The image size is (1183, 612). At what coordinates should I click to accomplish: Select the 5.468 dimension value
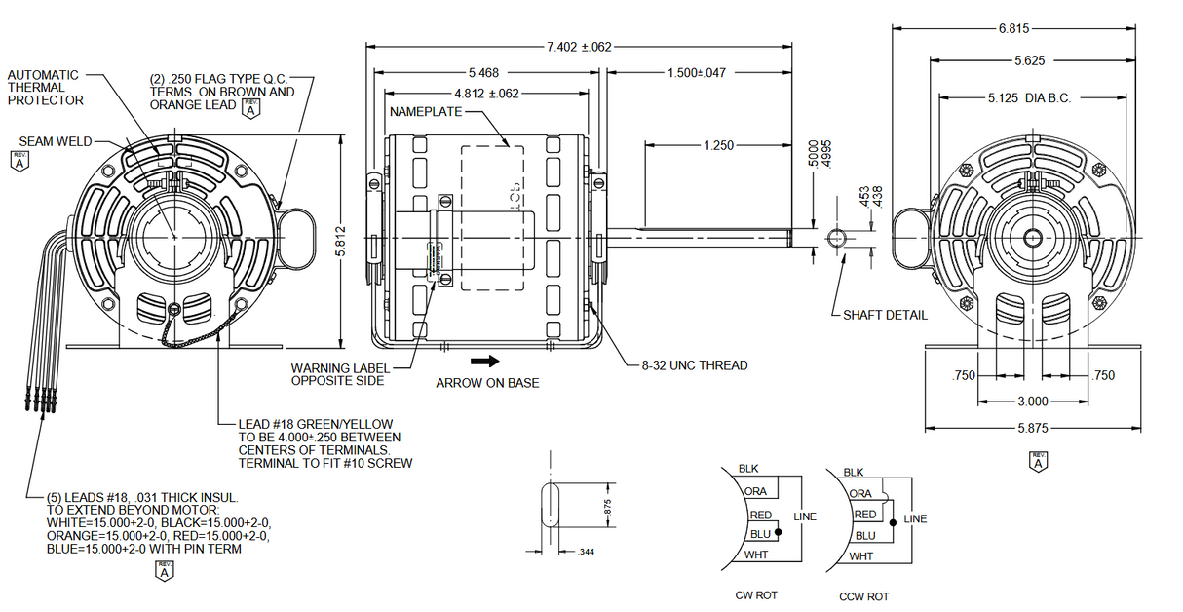[x=483, y=72]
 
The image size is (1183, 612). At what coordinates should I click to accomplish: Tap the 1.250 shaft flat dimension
[x=717, y=145]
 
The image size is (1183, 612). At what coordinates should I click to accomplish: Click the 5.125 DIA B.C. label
[x=1029, y=98]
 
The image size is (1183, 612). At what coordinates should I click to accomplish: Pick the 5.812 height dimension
[x=340, y=240]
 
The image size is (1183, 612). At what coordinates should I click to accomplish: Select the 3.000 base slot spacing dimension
[x=1032, y=402]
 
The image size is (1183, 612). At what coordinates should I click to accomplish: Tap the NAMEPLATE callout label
[x=427, y=112]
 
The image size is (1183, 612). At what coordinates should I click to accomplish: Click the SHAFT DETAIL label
[x=885, y=315]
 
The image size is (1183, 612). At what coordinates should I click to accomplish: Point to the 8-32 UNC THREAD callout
[x=694, y=365]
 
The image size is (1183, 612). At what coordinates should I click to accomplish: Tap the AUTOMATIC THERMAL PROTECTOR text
[x=46, y=88]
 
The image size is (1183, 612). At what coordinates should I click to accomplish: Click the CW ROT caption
[x=756, y=595]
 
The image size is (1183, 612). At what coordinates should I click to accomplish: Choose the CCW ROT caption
[x=863, y=596]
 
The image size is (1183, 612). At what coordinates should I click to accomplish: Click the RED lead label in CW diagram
[x=760, y=515]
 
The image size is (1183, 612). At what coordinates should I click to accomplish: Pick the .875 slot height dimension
[x=606, y=507]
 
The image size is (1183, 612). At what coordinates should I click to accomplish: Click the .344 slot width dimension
[x=586, y=553]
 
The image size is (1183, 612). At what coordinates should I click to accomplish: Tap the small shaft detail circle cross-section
[x=836, y=238]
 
